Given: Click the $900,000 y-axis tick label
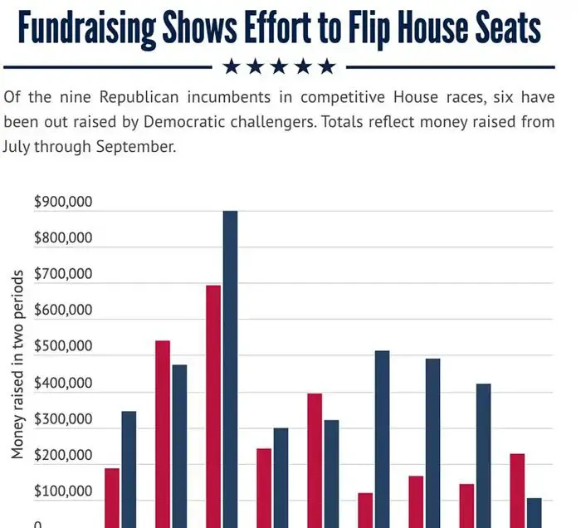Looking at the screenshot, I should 63,202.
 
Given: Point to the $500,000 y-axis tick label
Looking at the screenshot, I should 63,347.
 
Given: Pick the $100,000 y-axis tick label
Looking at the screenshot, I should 63,492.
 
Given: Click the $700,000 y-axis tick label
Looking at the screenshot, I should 63,274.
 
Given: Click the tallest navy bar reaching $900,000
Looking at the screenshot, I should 230,369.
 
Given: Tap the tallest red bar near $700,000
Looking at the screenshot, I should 213,406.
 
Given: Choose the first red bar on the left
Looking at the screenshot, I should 112,498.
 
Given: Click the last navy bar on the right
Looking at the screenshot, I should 535,512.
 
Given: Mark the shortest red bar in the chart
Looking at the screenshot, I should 365,510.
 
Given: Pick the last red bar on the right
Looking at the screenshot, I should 517,490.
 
